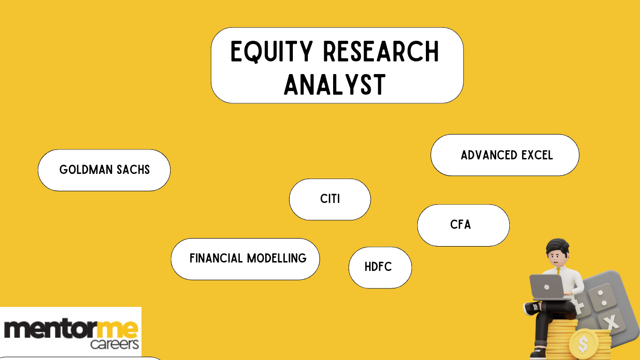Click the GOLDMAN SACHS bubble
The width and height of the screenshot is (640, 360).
104,170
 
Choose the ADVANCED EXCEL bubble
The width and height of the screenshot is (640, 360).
505,155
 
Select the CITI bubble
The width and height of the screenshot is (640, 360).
330,199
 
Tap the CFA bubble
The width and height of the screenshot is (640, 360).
463,225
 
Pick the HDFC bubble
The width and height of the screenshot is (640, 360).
380,267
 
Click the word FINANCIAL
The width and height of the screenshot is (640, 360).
216,258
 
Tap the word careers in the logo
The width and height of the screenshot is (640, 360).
114,345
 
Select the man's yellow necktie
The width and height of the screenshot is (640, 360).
558,271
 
